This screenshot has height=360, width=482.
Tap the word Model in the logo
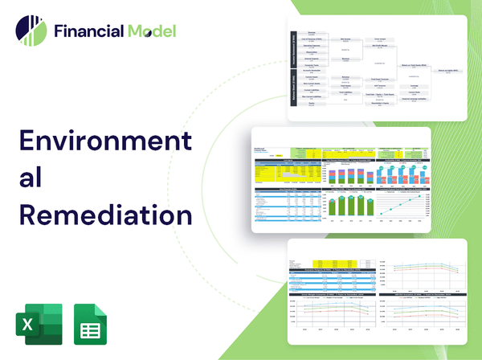[150, 32]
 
